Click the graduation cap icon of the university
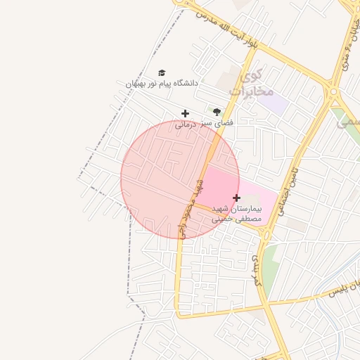[162, 72]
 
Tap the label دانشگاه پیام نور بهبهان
[162, 84]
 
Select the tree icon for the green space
[217, 112]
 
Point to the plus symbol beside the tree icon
[185, 113]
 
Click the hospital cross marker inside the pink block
[236, 198]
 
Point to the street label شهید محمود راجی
[191, 208]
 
